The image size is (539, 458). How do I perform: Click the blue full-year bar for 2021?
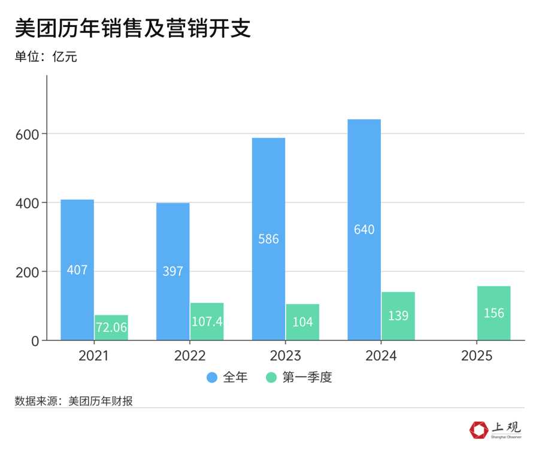(x=77, y=270)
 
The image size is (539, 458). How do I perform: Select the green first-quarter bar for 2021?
(x=111, y=327)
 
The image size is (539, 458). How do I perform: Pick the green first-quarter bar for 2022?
(x=207, y=321)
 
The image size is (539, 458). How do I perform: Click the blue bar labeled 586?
(x=268, y=239)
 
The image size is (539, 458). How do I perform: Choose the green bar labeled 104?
(x=302, y=322)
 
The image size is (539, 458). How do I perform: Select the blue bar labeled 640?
(x=364, y=230)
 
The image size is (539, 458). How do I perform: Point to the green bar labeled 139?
(x=398, y=316)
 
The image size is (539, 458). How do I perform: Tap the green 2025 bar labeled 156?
(x=494, y=313)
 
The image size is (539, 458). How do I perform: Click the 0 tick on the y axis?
(x=37, y=341)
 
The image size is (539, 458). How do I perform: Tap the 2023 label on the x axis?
(x=286, y=356)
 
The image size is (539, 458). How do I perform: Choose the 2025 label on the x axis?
(x=477, y=356)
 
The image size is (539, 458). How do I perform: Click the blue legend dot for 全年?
(x=213, y=378)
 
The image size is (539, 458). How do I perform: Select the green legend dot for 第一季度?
(x=271, y=378)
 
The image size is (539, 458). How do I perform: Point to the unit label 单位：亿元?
(x=46, y=57)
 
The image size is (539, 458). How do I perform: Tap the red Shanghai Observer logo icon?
(x=479, y=430)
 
